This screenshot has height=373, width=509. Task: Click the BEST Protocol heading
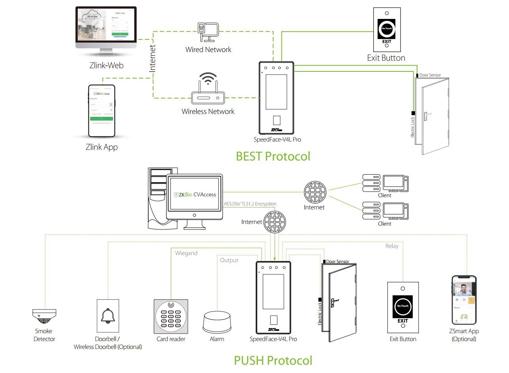pyautogui.click(x=273, y=156)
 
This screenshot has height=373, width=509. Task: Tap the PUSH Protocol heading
pyautogui.click(x=273, y=360)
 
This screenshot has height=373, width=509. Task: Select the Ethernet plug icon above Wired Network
pyautogui.click(x=208, y=32)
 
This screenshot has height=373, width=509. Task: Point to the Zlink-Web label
pyautogui.click(x=106, y=65)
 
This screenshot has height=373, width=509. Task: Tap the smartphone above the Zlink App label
pyautogui.click(x=102, y=110)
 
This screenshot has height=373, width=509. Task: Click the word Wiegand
pyautogui.click(x=186, y=253)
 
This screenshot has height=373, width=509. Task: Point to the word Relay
pyautogui.click(x=392, y=246)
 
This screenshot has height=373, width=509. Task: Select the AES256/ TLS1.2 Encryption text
pyautogui.click(x=250, y=204)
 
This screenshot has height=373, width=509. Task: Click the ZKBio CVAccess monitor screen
pyautogui.click(x=195, y=194)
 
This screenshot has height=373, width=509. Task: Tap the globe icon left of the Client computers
pyautogui.click(x=315, y=192)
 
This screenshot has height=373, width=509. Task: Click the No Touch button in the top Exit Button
pyautogui.click(x=387, y=28)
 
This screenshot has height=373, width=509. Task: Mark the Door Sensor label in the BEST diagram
pyautogui.click(x=430, y=75)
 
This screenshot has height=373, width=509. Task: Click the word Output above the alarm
pyautogui.click(x=229, y=260)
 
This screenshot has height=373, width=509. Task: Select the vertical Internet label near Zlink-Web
pyautogui.click(x=153, y=58)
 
